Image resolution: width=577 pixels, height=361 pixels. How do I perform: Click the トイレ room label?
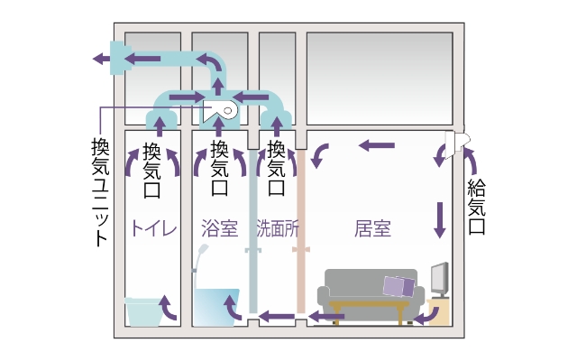(x=155, y=227)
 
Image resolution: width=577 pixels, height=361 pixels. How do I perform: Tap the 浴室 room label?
(x=220, y=227)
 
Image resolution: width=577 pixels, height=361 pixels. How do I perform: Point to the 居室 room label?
(x=372, y=227)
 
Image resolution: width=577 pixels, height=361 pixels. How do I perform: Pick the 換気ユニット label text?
(x=100, y=190)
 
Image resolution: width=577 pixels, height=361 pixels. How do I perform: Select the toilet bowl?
(x=142, y=312)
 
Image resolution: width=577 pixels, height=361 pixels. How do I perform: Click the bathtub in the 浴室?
(x=219, y=307)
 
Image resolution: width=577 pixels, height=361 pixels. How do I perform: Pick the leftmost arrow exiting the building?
(x=98, y=60)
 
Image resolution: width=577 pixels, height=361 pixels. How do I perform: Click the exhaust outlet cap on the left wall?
(x=115, y=59)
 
